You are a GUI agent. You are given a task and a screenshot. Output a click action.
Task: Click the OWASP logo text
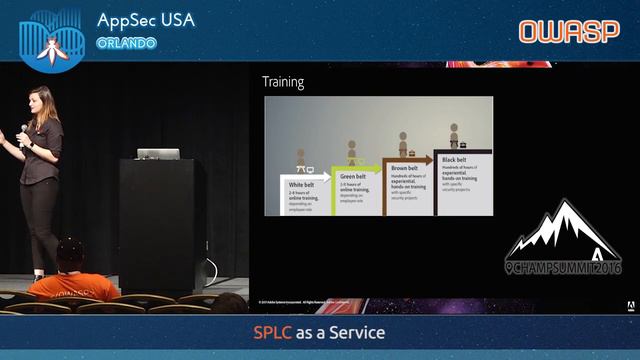tap(569, 31)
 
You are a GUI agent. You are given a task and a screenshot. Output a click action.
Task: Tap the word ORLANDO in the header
tap(126, 43)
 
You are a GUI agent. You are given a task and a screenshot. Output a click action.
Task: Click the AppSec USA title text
tap(146, 20)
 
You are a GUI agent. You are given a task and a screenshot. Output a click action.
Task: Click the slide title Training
tap(283, 82)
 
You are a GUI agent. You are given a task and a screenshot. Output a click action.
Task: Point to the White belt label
tap(298, 185)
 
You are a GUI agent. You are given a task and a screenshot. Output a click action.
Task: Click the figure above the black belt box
tap(454, 135)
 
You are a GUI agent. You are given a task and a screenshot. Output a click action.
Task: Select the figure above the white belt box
tap(300, 160)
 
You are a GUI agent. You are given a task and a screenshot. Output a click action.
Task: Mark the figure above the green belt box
tap(352, 150)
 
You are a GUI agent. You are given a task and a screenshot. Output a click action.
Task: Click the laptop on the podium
tap(158, 154)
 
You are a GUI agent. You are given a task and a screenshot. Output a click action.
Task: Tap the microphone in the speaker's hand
tap(25, 131)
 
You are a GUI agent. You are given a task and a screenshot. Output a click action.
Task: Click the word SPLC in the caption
tap(271, 331)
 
